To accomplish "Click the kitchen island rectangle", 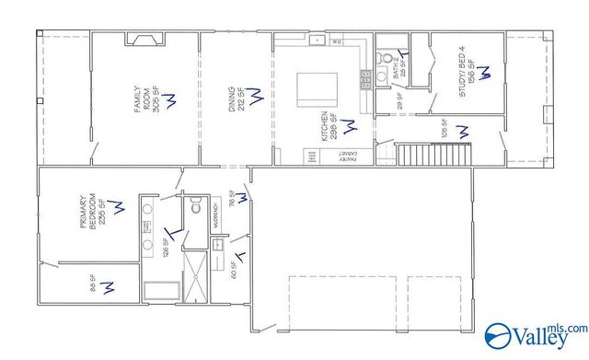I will click(x=316, y=92).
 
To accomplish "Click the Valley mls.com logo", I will click(x=535, y=334).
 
